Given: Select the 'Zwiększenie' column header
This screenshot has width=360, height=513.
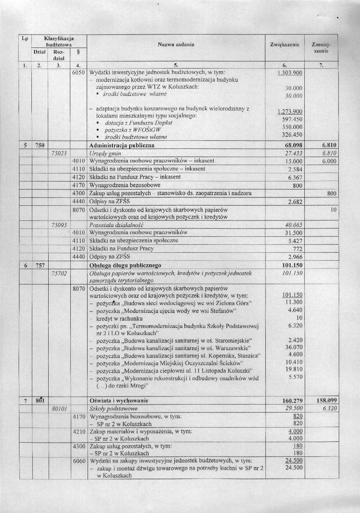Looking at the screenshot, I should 285,45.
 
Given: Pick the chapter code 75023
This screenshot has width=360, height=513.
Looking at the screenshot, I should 59,153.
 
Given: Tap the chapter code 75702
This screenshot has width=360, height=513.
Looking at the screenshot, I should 59,274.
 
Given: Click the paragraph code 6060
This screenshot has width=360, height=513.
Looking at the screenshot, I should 78,461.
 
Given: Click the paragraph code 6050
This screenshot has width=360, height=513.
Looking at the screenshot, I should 78,73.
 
